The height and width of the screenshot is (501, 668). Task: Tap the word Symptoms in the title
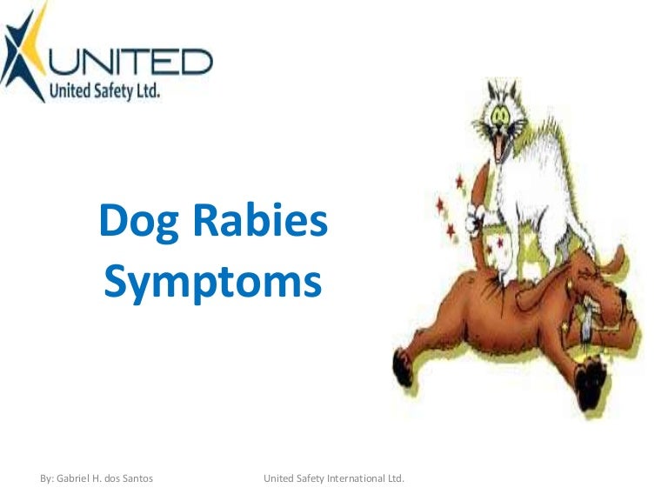213,282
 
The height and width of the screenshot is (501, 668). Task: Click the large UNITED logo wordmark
140,62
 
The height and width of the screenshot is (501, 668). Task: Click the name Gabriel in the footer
79,479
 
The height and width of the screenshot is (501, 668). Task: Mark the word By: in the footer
49,479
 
